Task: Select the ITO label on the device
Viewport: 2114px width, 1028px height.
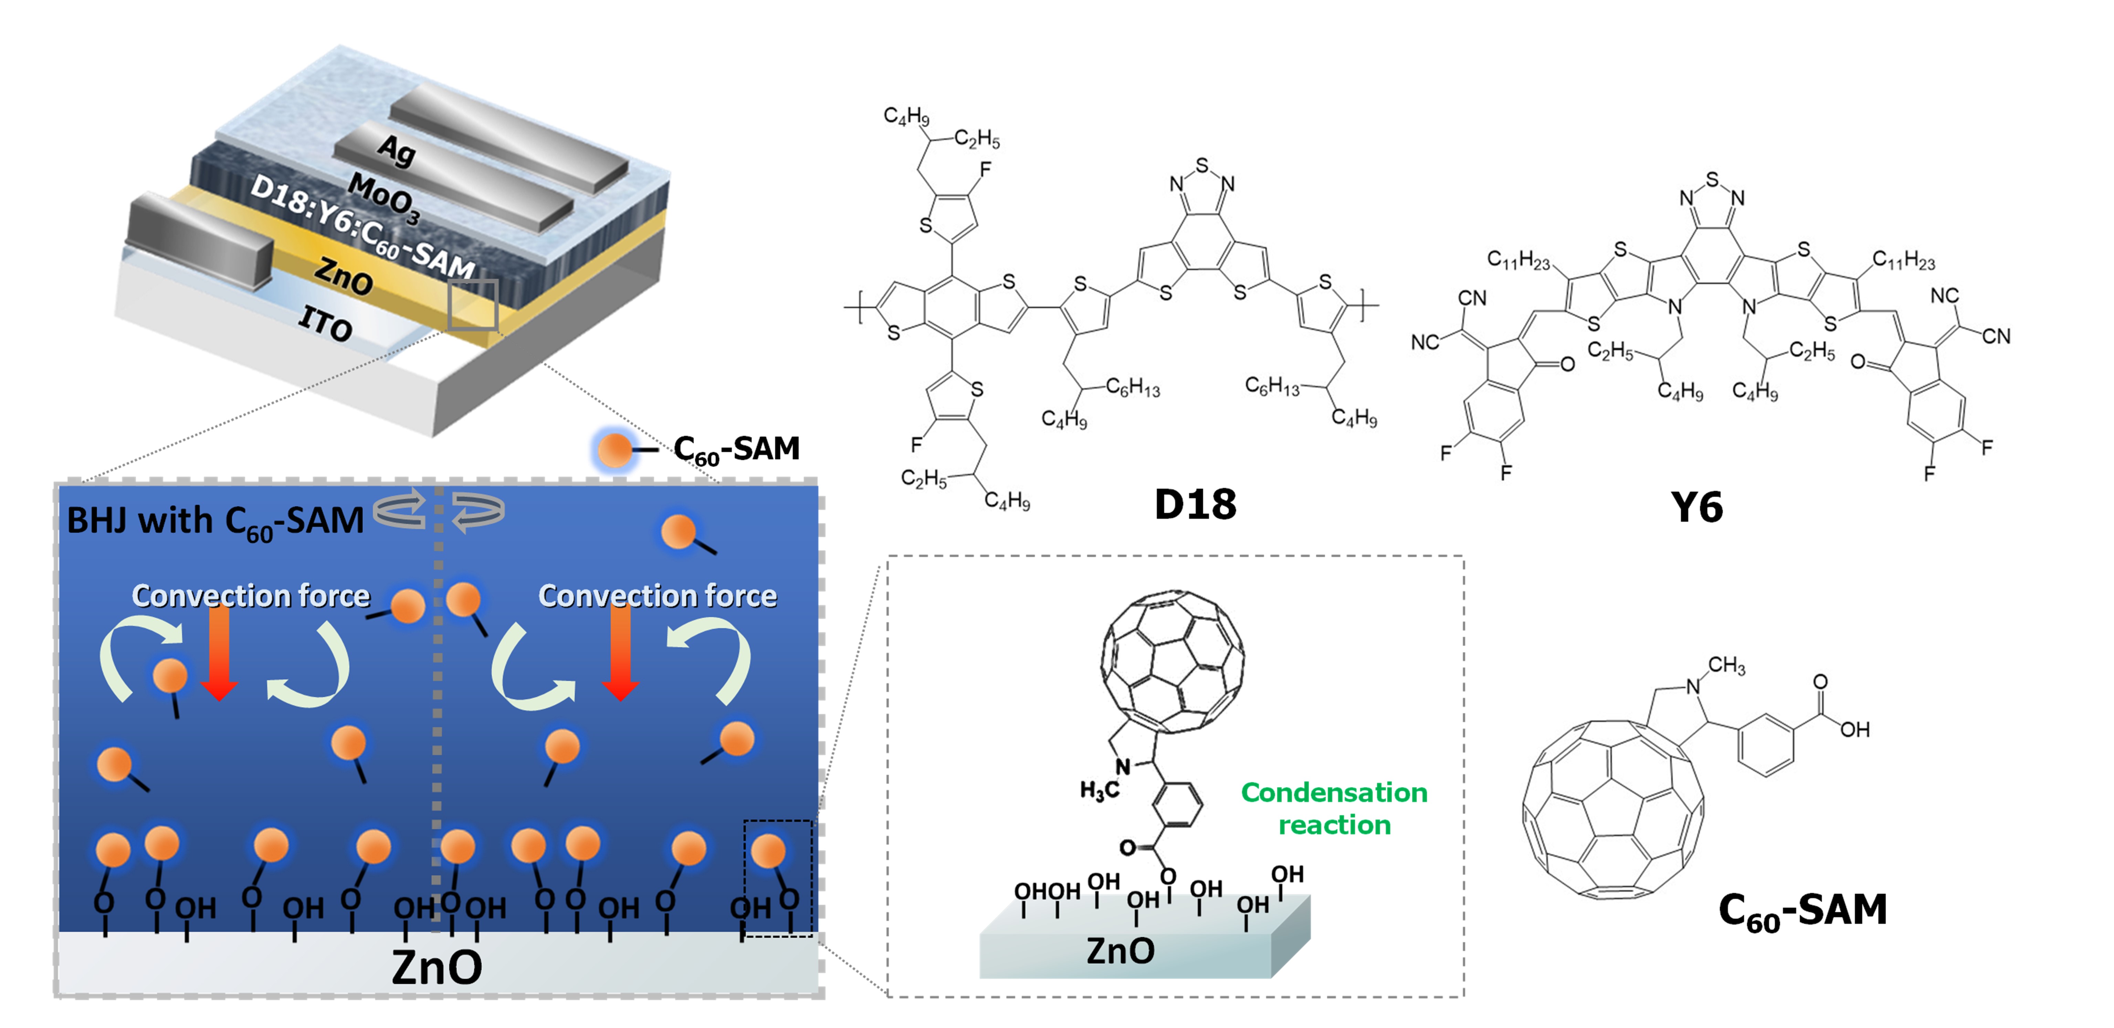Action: pyautogui.click(x=325, y=322)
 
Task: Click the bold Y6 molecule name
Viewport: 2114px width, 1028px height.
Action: pyautogui.click(x=1696, y=507)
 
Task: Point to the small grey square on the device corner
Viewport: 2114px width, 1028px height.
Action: pyautogui.click(x=473, y=304)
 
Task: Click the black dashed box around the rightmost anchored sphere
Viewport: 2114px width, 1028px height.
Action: pyautogui.click(x=777, y=878)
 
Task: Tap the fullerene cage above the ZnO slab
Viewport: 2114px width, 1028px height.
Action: pyautogui.click(x=1172, y=661)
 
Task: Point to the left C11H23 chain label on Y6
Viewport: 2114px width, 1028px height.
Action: pyautogui.click(x=1518, y=261)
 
